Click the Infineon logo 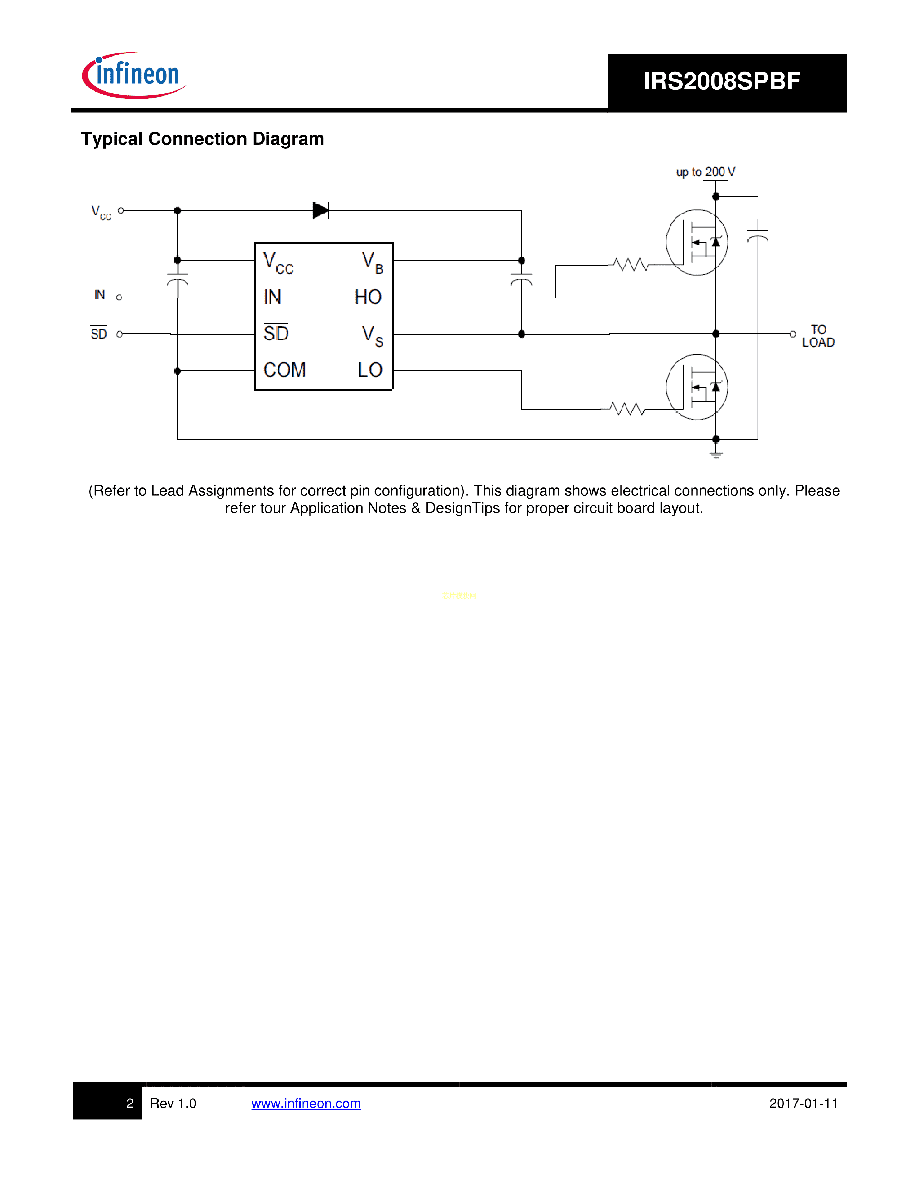coord(134,76)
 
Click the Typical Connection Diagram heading coord(203,139)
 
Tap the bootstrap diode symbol coord(321,210)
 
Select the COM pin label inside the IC coord(284,370)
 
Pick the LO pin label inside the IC coord(370,370)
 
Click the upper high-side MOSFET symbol coord(697,242)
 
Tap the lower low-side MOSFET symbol coord(697,387)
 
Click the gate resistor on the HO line coord(630,265)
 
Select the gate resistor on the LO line coord(627,409)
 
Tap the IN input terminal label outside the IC coord(99,295)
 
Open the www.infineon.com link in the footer coord(306,1104)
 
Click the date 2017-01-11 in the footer coord(803,1104)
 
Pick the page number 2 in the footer coord(130,1104)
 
